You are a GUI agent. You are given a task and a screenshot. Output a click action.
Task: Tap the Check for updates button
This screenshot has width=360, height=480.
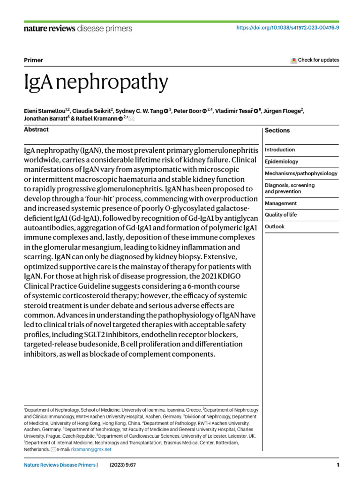pyautogui.click(x=315, y=60)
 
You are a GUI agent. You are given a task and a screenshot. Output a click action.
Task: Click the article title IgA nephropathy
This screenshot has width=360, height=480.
pyautogui.click(x=96, y=82)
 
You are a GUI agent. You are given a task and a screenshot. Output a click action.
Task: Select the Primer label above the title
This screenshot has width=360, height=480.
pyautogui.click(x=33, y=60)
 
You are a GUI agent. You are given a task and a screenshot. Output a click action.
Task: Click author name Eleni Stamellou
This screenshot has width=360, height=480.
pyautogui.click(x=45, y=111)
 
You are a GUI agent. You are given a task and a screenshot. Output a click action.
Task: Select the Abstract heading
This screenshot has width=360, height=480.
pyautogui.click(x=36, y=129)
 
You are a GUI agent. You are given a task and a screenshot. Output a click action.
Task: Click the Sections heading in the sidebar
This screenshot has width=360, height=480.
pyautogui.click(x=277, y=130)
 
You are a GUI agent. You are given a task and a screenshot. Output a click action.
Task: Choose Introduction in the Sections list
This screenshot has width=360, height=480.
pyautogui.click(x=280, y=150)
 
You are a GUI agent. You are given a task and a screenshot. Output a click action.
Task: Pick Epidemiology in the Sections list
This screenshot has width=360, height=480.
pyautogui.click(x=281, y=162)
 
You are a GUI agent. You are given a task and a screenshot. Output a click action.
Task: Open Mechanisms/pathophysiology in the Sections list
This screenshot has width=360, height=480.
pyautogui.click(x=301, y=173)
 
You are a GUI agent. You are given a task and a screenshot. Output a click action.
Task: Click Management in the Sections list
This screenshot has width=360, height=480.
pyautogui.click(x=281, y=203)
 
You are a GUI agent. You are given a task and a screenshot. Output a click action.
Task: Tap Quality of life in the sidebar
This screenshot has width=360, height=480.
pyautogui.click(x=281, y=215)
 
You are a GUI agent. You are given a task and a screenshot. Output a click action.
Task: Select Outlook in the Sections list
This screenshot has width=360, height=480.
pyautogui.click(x=275, y=226)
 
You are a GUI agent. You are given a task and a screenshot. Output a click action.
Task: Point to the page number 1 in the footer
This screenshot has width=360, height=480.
pyautogui.click(x=337, y=465)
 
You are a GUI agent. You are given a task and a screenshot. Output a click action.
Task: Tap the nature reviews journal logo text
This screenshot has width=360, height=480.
pyautogui.click(x=49, y=29)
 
